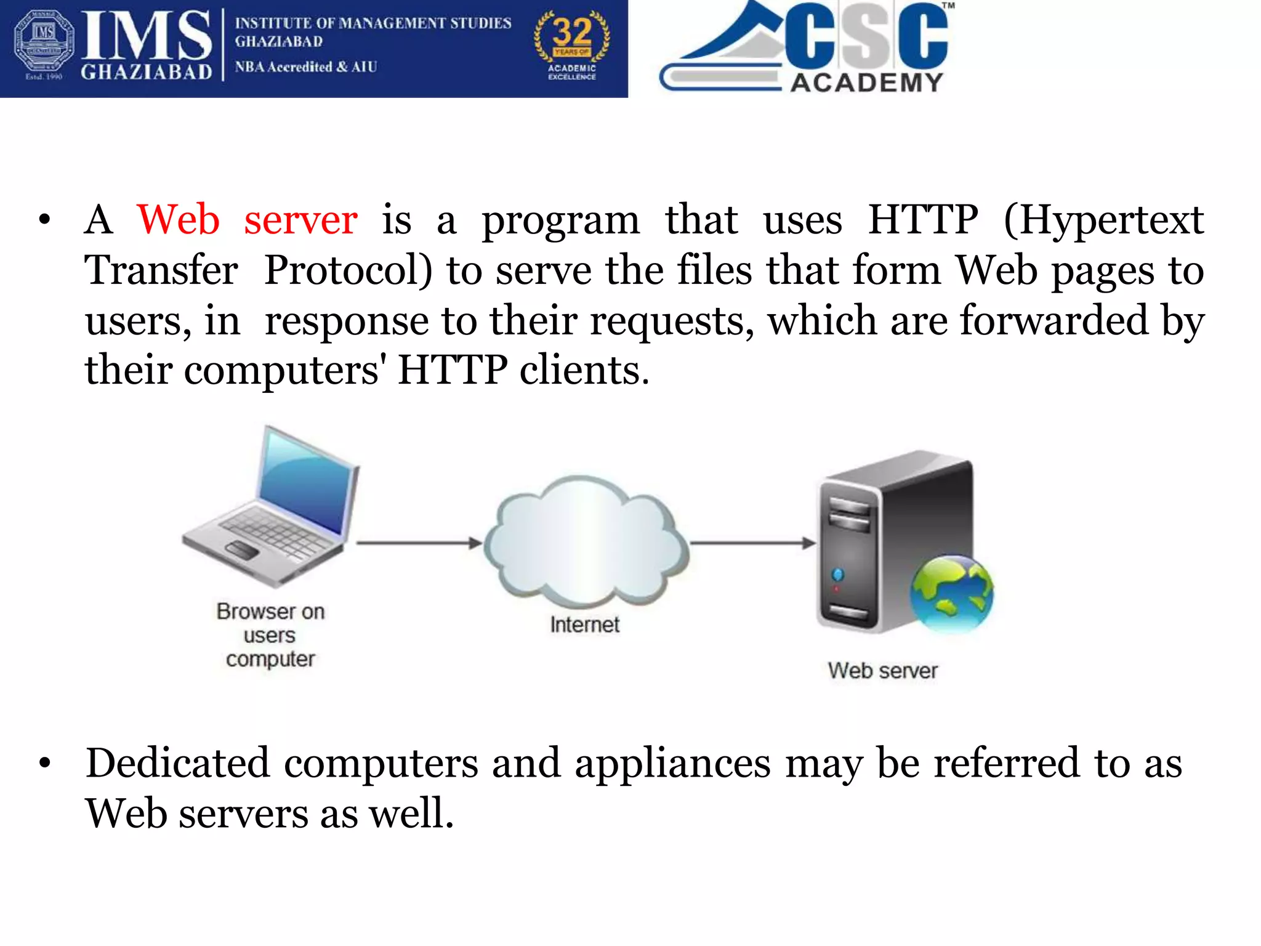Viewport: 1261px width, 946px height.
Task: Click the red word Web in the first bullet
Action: coord(178,220)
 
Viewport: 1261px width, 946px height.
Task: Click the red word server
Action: coord(300,220)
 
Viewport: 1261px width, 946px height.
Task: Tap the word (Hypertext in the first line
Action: coord(1103,220)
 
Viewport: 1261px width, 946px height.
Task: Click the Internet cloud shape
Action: coord(585,542)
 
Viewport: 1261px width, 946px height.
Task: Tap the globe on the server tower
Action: coord(951,593)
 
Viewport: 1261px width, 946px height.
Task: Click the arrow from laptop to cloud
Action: coord(419,543)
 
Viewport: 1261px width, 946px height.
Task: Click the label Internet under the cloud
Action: coord(584,625)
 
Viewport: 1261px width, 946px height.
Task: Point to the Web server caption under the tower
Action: coord(882,671)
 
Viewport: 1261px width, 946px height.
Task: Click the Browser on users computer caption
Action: coord(270,635)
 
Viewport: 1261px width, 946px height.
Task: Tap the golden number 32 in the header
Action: coord(572,32)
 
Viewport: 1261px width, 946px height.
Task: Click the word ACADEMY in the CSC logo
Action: coord(866,83)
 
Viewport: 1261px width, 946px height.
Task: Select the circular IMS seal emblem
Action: coord(44,41)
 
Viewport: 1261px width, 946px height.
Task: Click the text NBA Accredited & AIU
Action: coord(305,67)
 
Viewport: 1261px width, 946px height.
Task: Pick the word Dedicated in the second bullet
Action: coord(177,763)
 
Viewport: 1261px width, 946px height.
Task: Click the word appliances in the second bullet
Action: coord(672,763)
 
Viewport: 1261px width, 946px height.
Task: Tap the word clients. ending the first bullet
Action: coord(584,370)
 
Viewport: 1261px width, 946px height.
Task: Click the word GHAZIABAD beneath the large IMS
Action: coord(147,72)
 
